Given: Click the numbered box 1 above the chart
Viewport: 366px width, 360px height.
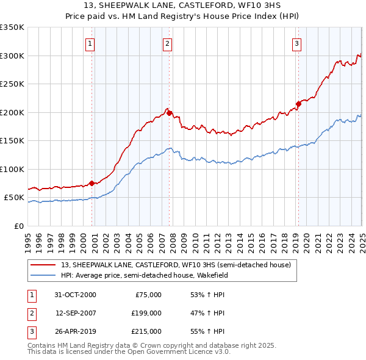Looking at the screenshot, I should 90,43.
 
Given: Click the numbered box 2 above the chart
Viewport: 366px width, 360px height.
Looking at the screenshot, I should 167,43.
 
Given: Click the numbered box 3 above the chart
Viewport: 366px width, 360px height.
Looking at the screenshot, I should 296,43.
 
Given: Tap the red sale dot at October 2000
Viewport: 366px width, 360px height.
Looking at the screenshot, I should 92,183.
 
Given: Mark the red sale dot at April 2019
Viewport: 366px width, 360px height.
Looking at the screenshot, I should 298,104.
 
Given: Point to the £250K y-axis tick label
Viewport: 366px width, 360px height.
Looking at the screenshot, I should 12,84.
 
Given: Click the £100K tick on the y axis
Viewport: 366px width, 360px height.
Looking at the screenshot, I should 12,169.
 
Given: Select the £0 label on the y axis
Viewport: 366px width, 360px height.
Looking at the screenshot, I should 18,226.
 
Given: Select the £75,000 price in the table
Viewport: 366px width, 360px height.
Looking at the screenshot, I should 148,295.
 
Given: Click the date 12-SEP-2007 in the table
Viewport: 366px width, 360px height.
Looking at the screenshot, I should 76,313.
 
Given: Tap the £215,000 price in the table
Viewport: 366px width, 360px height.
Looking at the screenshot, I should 146,331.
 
